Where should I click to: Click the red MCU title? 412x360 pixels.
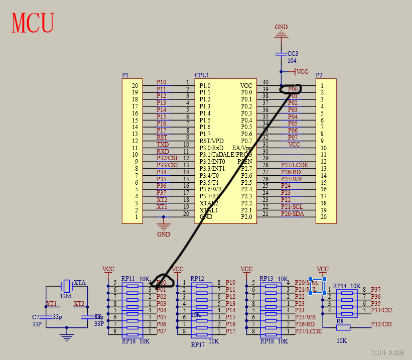tap(33, 23)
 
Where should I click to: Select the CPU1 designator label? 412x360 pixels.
tap(202, 75)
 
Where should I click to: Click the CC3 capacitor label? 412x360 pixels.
tap(293, 54)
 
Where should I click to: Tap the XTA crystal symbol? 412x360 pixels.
tap(66, 286)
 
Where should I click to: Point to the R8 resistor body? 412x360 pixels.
tap(343, 327)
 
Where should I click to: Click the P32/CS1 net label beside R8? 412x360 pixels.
tap(381, 324)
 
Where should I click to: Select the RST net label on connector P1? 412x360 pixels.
tap(162, 137)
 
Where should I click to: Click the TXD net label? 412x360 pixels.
tap(162, 144)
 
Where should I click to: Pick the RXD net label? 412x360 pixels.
tap(162, 151)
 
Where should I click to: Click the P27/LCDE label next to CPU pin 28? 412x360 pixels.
tap(294, 165)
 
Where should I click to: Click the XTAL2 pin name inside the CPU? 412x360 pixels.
tap(208, 203)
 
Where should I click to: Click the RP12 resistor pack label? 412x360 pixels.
tap(197, 279)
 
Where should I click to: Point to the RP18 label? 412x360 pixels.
tap(266, 341)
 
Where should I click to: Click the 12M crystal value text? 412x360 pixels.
tap(65, 297)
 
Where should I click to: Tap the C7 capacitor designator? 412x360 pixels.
tap(35, 317)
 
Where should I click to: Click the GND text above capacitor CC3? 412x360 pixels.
tap(281, 27)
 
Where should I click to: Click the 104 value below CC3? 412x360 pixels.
tap(292, 61)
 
